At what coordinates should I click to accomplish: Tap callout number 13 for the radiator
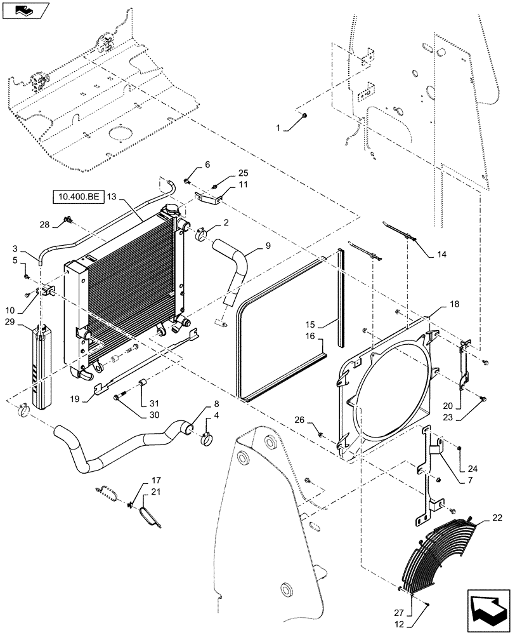(113, 197)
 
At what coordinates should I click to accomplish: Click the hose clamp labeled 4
(208, 438)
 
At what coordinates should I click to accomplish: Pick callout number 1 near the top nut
(277, 128)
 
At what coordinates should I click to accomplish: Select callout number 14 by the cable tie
(442, 255)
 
